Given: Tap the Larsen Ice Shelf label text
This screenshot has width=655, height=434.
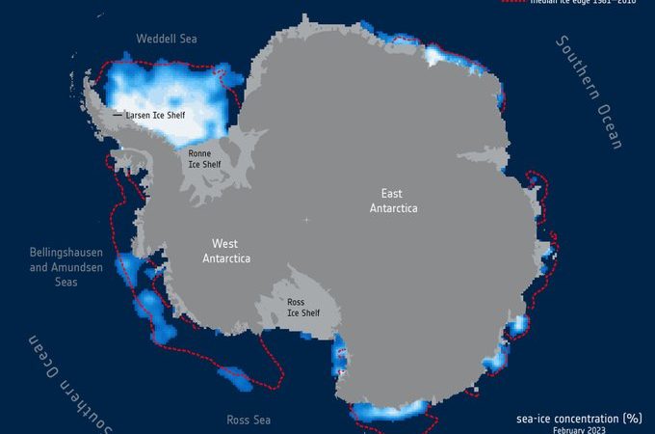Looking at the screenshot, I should [x=155, y=115].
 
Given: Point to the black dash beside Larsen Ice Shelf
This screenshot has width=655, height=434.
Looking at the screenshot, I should [x=118, y=115].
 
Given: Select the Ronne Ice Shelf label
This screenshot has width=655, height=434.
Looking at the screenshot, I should [x=203, y=158].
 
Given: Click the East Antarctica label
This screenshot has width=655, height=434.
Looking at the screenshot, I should [x=392, y=201].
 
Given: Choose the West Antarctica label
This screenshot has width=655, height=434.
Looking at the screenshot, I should [x=226, y=251].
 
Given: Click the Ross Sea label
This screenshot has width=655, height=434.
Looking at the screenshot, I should [x=248, y=420].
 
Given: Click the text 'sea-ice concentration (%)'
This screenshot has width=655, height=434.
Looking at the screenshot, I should [x=578, y=419].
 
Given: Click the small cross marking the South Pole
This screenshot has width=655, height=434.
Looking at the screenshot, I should [x=306, y=221].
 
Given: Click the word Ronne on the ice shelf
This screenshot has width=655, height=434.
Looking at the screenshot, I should [x=199, y=152].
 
